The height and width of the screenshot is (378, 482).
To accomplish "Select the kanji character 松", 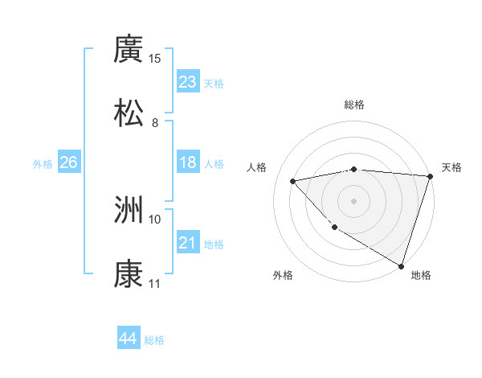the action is click(129, 113).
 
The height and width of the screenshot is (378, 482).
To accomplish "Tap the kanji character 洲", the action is click(129, 211).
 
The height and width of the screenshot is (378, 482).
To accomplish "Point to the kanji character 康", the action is click(129, 273).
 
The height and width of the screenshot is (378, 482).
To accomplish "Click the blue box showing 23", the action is click(188, 82).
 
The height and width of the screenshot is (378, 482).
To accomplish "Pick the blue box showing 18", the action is click(188, 162).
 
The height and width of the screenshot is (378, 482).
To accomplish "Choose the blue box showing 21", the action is click(188, 243).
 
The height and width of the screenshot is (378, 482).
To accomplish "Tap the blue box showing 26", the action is click(68, 162).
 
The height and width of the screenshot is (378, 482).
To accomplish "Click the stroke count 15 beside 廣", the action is click(154, 59).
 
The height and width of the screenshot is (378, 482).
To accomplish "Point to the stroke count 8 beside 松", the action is click(154, 122).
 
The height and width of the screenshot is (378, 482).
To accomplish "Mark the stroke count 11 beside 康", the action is click(154, 283).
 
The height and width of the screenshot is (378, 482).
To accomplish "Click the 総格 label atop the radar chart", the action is click(354, 105).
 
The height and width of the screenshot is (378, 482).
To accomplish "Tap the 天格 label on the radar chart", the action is click(451, 167).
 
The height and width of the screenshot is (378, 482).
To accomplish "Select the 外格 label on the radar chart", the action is click(283, 275).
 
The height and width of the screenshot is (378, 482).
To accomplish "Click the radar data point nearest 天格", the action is click(430, 176).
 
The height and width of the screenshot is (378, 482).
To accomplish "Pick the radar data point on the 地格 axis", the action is click(401, 265).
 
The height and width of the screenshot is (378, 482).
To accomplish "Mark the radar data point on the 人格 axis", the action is click(293, 181).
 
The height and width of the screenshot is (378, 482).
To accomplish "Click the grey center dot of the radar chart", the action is click(354, 200).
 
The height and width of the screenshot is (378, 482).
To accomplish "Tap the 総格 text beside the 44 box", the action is click(154, 340).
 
